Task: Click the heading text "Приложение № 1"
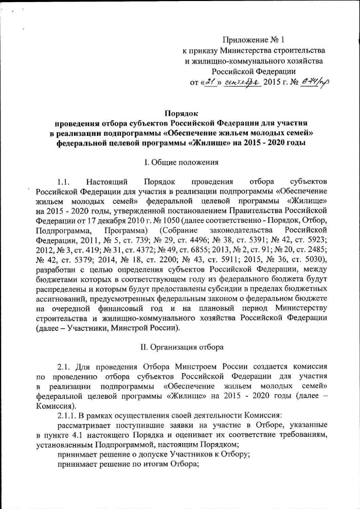[253, 40]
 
